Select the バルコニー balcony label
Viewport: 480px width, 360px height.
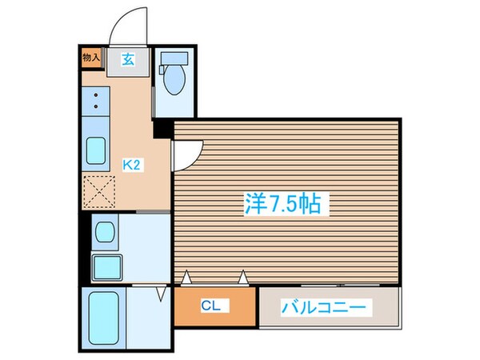pos(326,306)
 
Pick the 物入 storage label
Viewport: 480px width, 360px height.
pos(91,57)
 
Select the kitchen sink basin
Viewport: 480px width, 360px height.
pos(98,150)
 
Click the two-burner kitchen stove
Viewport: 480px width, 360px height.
pos(97,102)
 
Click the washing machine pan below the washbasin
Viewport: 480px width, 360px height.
pos(104,264)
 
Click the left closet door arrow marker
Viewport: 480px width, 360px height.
pos(186,278)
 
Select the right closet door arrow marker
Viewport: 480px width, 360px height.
pos(242,278)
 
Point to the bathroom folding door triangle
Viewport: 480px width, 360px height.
pos(161,295)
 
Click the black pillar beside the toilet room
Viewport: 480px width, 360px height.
pos(163,127)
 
